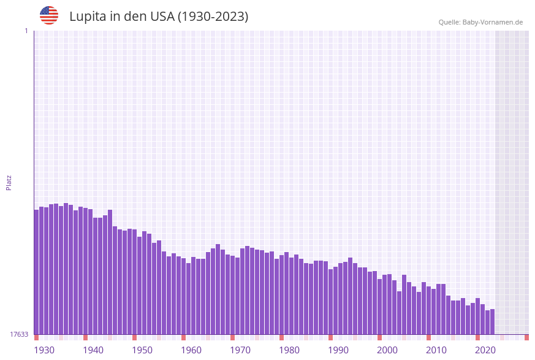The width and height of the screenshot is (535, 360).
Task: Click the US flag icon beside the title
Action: [49, 15]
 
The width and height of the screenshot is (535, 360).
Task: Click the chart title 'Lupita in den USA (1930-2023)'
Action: [159, 17]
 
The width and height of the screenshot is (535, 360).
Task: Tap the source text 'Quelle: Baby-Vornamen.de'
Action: [480, 22]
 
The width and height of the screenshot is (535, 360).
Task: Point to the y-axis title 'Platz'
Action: [9, 182]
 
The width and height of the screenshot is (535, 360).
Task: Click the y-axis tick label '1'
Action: [26, 31]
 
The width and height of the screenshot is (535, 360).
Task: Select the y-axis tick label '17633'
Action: [19, 334]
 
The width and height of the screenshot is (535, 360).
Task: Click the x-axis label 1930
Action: [44, 350]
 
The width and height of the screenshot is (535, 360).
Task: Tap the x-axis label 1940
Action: [93, 350]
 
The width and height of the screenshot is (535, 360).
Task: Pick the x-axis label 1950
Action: [142, 350]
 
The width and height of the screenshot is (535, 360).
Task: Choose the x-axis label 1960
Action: [191, 350]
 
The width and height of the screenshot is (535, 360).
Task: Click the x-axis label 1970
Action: [240, 350]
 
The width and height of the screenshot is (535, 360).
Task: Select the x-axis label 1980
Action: [289, 350]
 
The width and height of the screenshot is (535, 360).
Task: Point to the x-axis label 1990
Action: [338, 350]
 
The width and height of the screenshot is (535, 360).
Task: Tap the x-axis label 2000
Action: [387, 350]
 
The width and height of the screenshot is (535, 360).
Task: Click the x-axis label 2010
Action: [436, 350]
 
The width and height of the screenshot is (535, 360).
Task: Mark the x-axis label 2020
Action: [485, 350]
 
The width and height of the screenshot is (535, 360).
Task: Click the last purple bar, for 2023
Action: [492, 321]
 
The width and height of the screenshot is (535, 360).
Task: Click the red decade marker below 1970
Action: [232, 337]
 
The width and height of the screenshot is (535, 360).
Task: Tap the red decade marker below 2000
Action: [379, 337]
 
